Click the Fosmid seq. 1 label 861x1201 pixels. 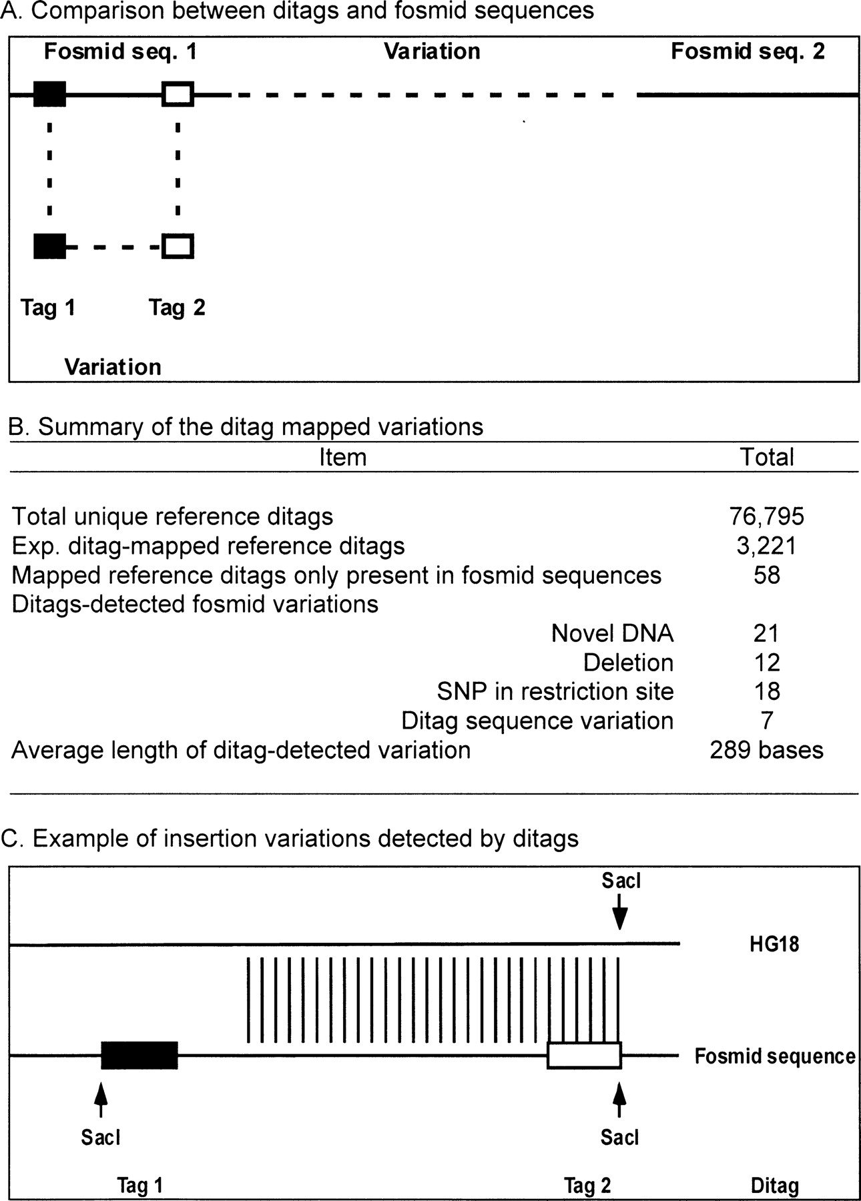120,51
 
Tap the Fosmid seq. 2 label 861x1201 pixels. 748,51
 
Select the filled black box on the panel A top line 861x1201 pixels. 50,94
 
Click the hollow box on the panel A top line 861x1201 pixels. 178,94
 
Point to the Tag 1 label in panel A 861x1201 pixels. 48,308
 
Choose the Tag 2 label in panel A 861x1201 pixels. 177,308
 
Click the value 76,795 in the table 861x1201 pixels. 767,516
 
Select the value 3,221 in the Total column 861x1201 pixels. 767,545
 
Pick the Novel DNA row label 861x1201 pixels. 612,633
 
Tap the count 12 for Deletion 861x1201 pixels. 767,662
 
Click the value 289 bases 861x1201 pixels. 767,750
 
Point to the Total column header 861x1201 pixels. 767,457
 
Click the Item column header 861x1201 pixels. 343,457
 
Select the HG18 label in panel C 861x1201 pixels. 774,944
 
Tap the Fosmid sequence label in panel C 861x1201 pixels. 775,1056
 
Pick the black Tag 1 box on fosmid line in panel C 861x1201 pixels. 139,1056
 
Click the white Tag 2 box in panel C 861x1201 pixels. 584,1056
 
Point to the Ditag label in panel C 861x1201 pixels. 775,1186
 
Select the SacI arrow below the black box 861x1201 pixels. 101,1100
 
